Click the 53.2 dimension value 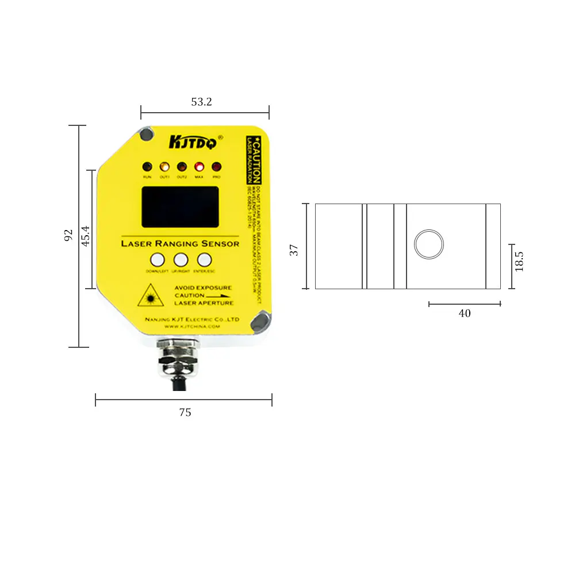click(x=202, y=102)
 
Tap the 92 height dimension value click(x=68, y=235)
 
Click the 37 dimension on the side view click(x=294, y=250)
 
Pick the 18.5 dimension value click(x=519, y=260)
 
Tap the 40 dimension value click(x=465, y=313)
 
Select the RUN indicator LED click(x=147, y=167)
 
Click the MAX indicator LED click(x=199, y=167)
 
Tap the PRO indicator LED click(x=217, y=167)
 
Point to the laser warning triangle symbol click(x=151, y=295)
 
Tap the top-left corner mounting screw click(x=147, y=134)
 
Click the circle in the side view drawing click(x=429, y=244)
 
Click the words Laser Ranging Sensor click(x=180, y=243)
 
